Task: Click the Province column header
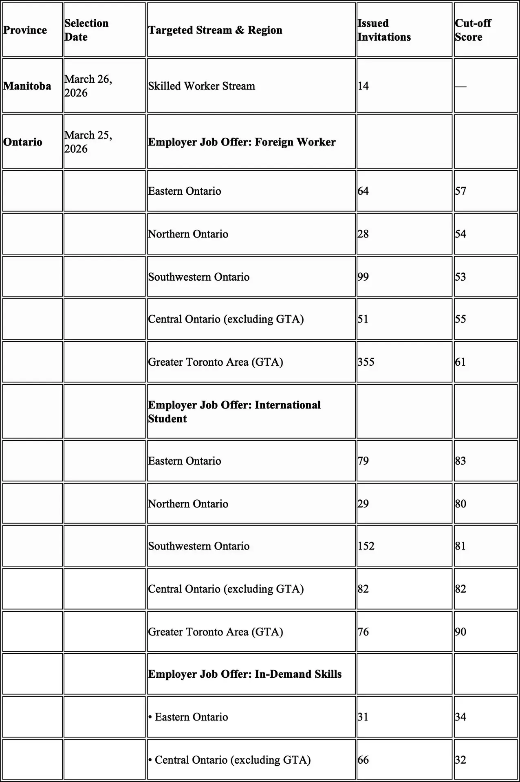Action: pyautogui.click(x=25, y=30)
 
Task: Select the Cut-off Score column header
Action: pyautogui.click(x=473, y=30)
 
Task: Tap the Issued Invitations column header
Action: pyautogui.click(x=384, y=30)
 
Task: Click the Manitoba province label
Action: pyautogui.click(x=27, y=86)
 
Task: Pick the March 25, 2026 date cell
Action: pyautogui.click(x=88, y=142)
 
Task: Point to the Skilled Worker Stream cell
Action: pyautogui.click(x=202, y=86)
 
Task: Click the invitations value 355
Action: pyautogui.click(x=366, y=362)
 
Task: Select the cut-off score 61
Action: pyautogui.click(x=461, y=362)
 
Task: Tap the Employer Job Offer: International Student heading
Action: pyautogui.click(x=234, y=412)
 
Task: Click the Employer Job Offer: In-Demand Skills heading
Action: pyautogui.click(x=245, y=674)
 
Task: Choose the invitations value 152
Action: pyautogui.click(x=366, y=546)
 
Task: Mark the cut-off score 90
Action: pyautogui.click(x=461, y=632)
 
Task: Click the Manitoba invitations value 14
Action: pyautogui.click(x=363, y=86)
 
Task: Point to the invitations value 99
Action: pyautogui.click(x=363, y=277)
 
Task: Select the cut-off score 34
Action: pyautogui.click(x=461, y=717)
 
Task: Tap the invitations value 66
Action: pyautogui.click(x=363, y=760)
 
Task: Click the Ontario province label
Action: pyautogui.click(x=23, y=142)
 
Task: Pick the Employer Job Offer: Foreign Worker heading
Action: pyautogui.click(x=242, y=142)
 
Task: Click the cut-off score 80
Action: pyautogui.click(x=461, y=504)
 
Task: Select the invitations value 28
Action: pyautogui.click(x=363, y=234)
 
